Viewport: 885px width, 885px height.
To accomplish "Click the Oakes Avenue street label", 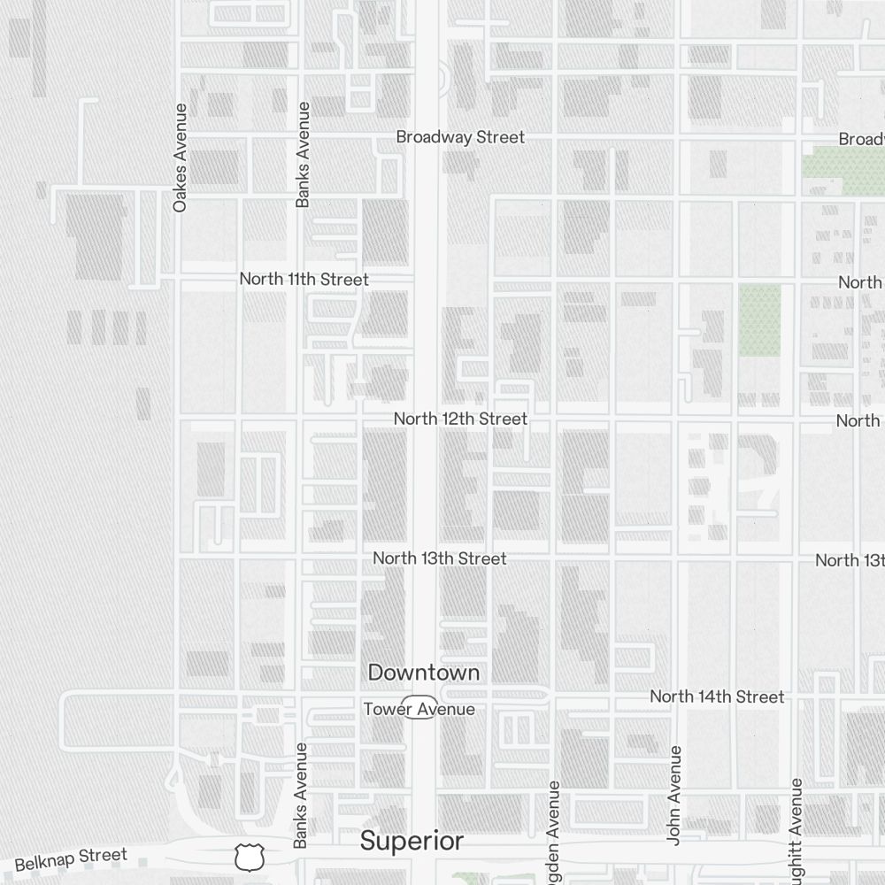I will pos(181,158).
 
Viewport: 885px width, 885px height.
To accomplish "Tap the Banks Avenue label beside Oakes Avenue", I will pos(303,155).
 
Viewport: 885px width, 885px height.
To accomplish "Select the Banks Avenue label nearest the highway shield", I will pos(301,795).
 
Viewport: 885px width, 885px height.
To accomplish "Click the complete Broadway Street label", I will pos(460,137).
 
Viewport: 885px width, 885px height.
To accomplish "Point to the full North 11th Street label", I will pos(304,279).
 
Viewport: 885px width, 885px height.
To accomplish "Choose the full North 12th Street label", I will pos(460,419).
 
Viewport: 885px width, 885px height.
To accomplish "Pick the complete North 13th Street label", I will pos(440,558).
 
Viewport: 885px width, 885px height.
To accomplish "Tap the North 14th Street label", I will pos(717,697).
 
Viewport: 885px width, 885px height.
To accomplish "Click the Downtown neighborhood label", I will pos(424,673).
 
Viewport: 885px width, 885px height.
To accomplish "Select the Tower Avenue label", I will pos(419,709).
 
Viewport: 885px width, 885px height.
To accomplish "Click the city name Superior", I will pos(412,841).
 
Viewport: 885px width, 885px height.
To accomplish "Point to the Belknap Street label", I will pos(71,858).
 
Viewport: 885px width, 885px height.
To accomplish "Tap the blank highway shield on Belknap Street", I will pos(249,857).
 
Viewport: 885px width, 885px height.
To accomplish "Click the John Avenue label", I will pos(674,794).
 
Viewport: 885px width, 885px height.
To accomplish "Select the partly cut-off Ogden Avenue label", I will pos(555,832).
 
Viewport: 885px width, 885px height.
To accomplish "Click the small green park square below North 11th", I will pos(759,320).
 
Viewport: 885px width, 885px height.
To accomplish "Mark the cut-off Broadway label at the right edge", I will pos(861,139).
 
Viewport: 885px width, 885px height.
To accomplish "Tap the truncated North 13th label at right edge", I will pos(850,560).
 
